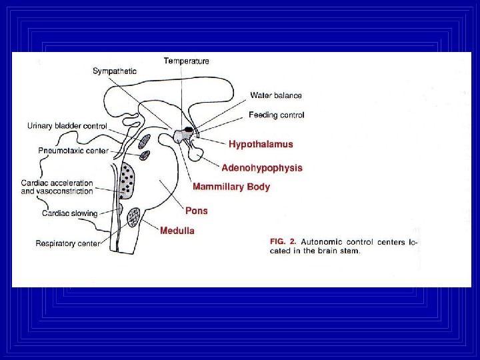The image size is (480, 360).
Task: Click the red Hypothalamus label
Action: point(261,144)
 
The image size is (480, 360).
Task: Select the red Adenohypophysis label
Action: point(262,168)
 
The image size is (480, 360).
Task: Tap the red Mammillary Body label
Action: point(231,187)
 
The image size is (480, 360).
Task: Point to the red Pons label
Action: point(197,211)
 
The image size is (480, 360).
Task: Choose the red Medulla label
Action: point(177,231)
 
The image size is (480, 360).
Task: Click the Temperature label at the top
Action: point(187,61)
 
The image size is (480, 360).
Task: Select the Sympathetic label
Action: point(115,71)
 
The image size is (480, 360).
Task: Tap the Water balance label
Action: point(276,95)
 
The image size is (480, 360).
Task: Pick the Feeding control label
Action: point(277,115)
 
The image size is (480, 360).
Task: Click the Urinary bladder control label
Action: point(67,125)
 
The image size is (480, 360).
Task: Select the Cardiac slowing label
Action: point(69,213)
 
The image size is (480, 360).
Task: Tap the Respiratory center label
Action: point(68,243)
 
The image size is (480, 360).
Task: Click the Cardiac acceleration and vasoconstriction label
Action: point(57,187)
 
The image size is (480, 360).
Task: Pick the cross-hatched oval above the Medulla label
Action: point(135,217)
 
